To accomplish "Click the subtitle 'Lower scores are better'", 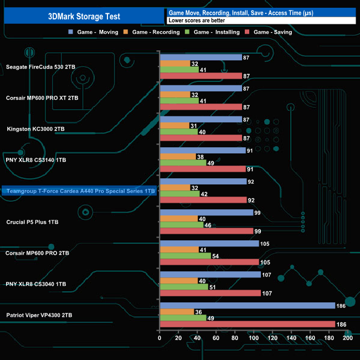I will pyautogui.click(x=194, y=20).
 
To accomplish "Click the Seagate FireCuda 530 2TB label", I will pyautogui.click(x=40, y=67).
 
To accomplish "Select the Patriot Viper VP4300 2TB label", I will pyautogui.click(x=39, y=315).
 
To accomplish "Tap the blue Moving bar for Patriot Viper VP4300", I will pyautogui.click(x=247, y=305).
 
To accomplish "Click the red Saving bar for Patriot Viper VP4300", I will pyautogui.click(x=247, y=324).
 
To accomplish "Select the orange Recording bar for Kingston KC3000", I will pyautogui.click(x=174, y=126).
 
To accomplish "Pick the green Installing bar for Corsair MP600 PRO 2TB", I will pyautogui.click(x=185, y=256).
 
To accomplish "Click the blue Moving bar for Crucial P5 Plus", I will pyautogui.click(x=206, y=212).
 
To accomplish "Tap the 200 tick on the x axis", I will pyautogui.click(x=348, y=338).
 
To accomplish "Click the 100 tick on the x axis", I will pyautogui.click(x=254, y=338).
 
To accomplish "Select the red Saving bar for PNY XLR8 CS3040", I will pyautogui.click(x=210, y=293).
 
